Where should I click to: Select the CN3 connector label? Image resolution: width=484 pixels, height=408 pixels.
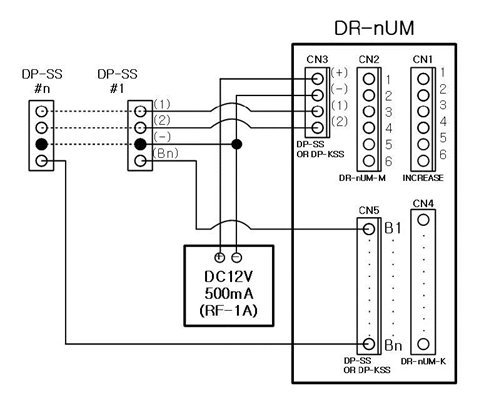pyautogui.click(x=318, y=59)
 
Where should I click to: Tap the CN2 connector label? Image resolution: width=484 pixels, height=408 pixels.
pyautogui.click(x=368, y=59)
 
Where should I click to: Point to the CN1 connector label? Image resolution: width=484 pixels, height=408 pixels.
pyautogui.click(x=423, y=59)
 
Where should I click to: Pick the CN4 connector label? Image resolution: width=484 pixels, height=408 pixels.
pyautogui.click(x=423, y=204)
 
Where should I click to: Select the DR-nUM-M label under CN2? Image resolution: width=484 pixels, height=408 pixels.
pyautogui.click(x=367, y=178)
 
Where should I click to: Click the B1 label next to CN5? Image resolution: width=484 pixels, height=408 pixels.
pyautogui.click(x=394, y=229)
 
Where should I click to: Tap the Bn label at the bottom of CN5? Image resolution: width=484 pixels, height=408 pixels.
pyautogui.click(x=394, y=345)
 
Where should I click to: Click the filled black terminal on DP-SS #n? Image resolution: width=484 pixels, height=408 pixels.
pyautogui.click(x=41, y=145)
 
